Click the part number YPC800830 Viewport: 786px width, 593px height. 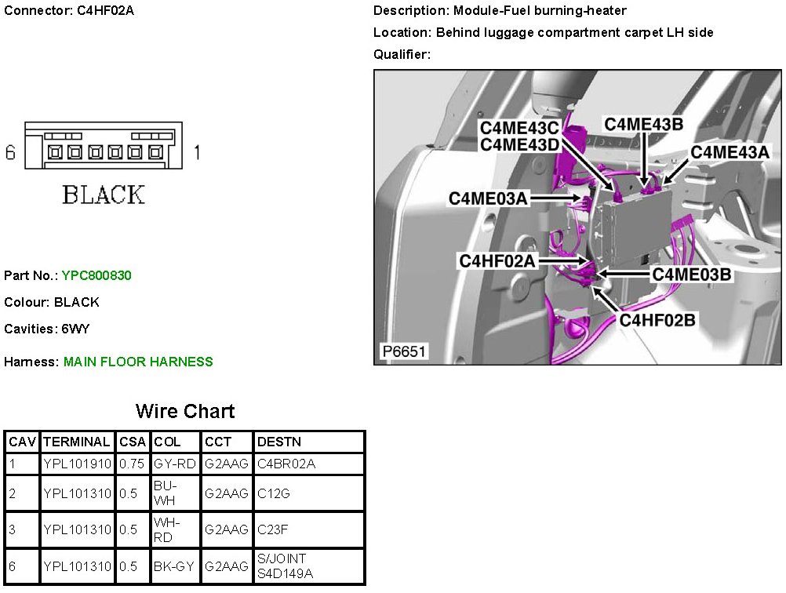96,275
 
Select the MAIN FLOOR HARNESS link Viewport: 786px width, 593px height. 138,362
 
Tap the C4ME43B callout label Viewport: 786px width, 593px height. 643,124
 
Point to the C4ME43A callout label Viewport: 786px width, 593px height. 730,152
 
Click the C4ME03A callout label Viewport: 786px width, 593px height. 488,198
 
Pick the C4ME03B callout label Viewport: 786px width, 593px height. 692,274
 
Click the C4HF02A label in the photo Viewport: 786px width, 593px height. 498,261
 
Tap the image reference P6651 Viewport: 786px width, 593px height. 403,351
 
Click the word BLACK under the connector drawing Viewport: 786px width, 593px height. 104,195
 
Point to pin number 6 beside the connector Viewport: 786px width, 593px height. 10,152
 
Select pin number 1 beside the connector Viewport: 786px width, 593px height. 196,152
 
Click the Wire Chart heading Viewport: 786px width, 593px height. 184,411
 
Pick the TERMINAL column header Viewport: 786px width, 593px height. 77,442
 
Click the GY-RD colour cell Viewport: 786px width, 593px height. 175,464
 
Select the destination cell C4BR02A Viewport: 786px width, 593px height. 286,464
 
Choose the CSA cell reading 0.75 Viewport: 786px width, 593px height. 132,464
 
